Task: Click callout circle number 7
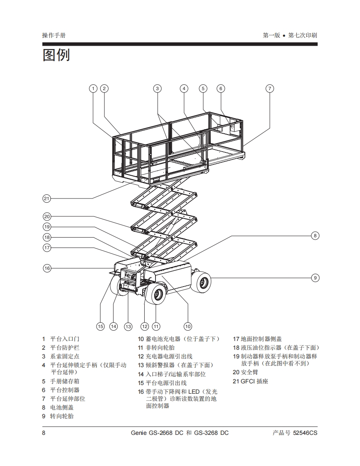[x=270, y=88]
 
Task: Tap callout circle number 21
[x=47, y=199]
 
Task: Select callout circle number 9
[x=315, y=277]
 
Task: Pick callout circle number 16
[x=47, y=268]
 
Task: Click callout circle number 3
[x=157, y=88]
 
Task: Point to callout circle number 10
[x=188, y=326]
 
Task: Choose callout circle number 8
[x=315, y=235]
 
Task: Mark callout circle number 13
[x=128, y=326]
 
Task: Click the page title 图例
[x=56, y=55]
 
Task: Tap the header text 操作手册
[x=54, y=35]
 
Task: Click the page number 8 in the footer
[x=44, y=433]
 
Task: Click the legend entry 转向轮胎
[x=62, y=416]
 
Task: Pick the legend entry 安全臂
[x=249, y=372]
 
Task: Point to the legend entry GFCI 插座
[x=254, y=381]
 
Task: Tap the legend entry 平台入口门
[x=65, y=339]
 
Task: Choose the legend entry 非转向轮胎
[x=160, y=348]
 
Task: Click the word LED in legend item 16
[x=194, y=392]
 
